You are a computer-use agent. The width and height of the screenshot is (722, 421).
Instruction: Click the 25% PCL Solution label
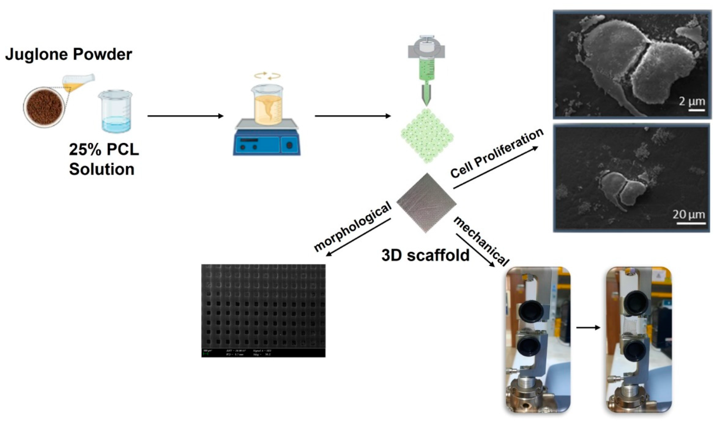tap(104, 159)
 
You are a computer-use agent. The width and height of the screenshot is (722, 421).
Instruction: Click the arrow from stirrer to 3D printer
tap(352, 116)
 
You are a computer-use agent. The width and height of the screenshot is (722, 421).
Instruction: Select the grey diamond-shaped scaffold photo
tap(426, 203)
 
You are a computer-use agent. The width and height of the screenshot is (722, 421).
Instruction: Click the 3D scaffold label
tap(425, 255)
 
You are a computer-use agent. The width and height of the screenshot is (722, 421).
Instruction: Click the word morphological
tap(352, 227)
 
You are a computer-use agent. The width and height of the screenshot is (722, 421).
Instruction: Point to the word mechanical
tap(481, 241)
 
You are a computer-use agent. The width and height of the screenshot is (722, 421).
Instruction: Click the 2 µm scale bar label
tap(692, 102)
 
